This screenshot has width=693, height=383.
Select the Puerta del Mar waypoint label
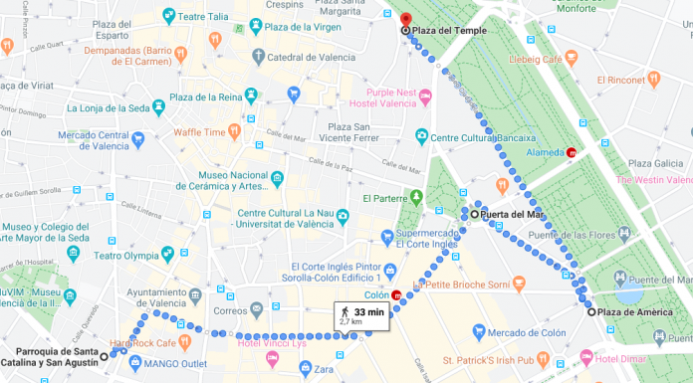(512, 214)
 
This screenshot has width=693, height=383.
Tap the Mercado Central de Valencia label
(99, 139)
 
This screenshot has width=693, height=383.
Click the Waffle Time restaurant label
(199, 130)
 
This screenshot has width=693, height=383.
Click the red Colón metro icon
(396, 294)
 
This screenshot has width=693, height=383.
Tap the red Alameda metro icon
(571, 153)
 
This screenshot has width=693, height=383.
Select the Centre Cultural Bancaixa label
(484, 136)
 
